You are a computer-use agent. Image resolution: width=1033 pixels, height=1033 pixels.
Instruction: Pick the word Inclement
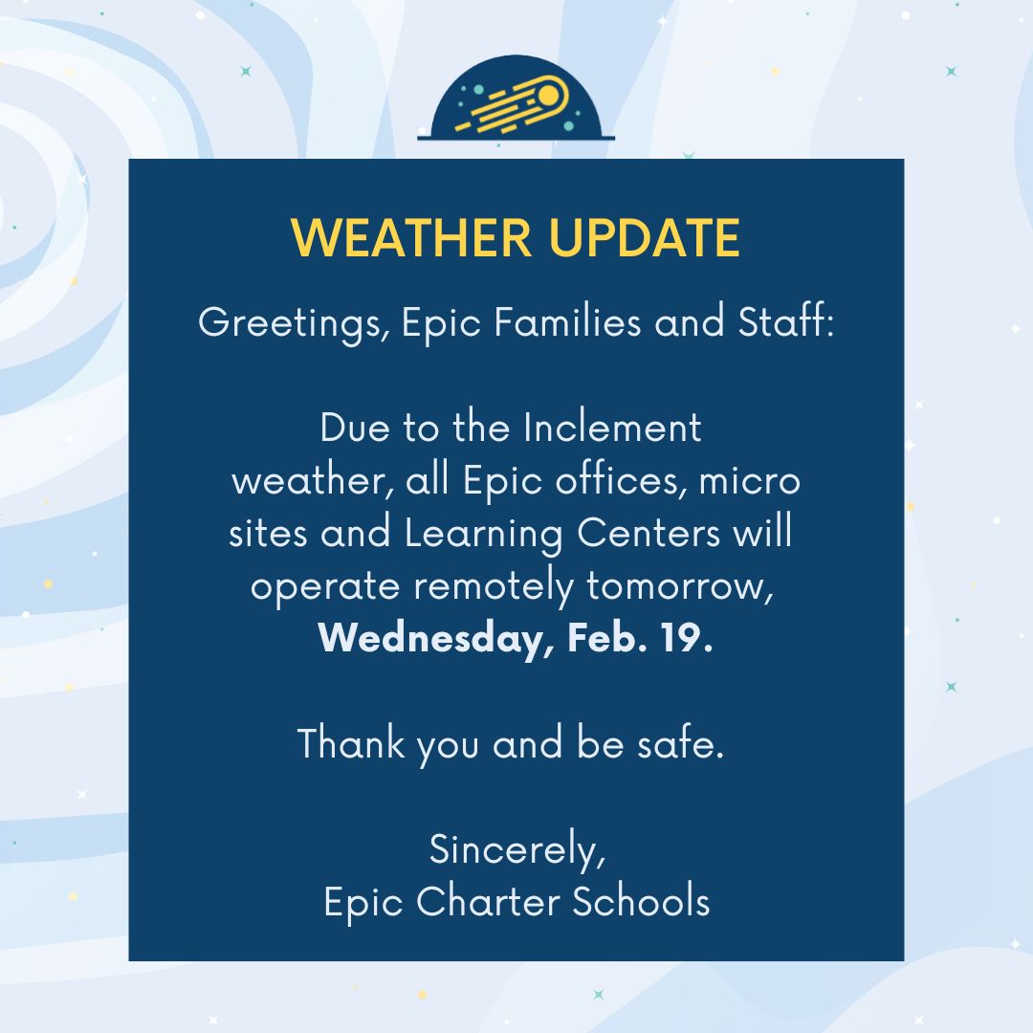pyautogui.click(x=612, y=428)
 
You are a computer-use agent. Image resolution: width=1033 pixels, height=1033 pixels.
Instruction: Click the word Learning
pyautogui.click(x=484, y=534)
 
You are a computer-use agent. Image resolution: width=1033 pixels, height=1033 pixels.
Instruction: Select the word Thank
pyautogui.click(x=351, y=743)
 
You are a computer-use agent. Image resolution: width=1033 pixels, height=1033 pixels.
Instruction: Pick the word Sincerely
pyautogui.click(x=516, y=849)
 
